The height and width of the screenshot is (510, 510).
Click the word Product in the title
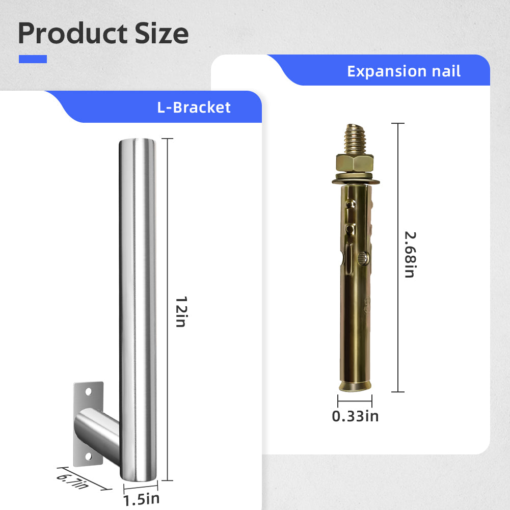point(72,33)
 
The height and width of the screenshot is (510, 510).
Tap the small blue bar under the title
point(33,59)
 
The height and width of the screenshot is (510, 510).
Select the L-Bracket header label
point(194,108)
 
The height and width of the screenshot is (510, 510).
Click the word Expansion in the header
point(386,71)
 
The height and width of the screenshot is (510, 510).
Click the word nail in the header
point(446,71)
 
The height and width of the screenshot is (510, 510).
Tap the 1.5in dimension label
point(142,499)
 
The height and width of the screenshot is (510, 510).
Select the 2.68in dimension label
point(410,255)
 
